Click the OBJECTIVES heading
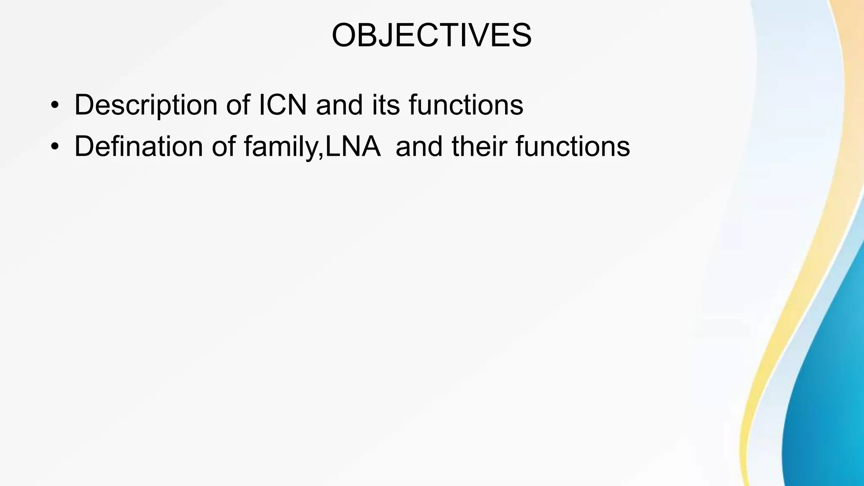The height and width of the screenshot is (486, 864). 431,35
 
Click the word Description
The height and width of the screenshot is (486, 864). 146,105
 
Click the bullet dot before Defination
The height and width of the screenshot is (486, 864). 54,147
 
